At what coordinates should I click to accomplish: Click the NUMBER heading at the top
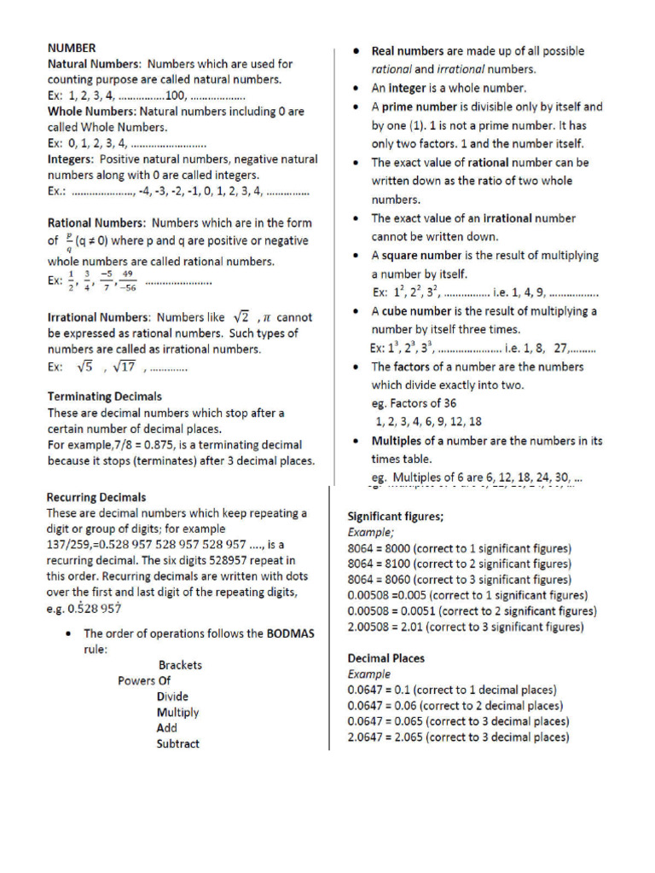[72, 48]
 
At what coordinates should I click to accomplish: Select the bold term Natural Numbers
[93, 64]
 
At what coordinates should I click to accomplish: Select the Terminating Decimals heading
[104, 396]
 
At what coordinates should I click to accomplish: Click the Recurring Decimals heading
[96, 497]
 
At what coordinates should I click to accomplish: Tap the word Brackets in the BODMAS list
[180, 665]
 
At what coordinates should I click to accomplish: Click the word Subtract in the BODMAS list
[177, 743]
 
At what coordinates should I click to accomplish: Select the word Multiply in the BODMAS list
[177, 712]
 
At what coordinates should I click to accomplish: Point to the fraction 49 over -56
[128, 280]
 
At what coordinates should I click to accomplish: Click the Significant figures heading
[395, 516]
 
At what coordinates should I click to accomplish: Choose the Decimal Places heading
[385, 658]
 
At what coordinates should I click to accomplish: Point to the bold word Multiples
[397, 441]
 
